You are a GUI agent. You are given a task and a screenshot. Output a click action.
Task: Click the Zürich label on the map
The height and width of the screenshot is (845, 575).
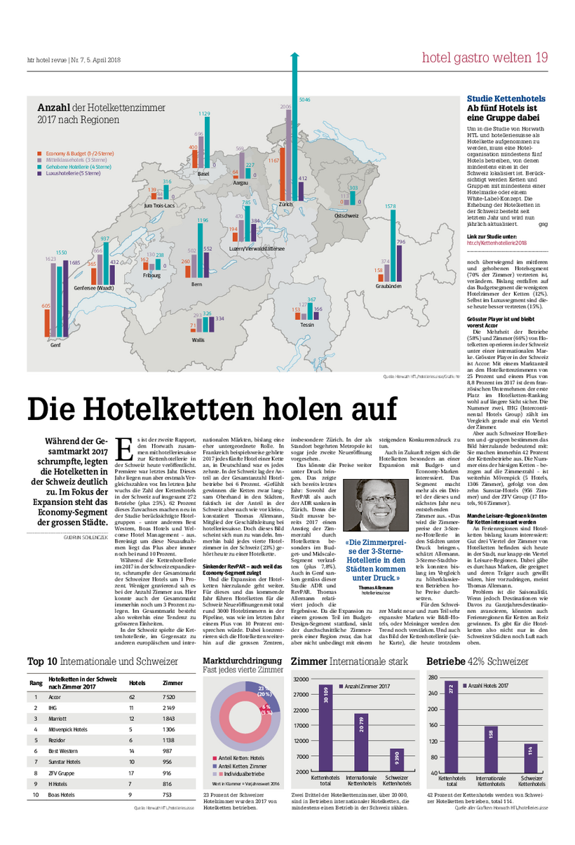[285, 204]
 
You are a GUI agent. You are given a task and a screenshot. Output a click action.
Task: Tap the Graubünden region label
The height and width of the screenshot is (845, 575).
[388, 286]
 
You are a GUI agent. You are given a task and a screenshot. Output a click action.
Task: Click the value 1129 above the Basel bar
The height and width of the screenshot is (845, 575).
[204, 114]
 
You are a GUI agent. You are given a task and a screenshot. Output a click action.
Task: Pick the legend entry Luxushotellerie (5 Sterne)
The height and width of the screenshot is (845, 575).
[74, 173]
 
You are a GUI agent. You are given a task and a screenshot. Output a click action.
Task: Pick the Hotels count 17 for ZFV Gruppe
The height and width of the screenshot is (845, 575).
[131, 772]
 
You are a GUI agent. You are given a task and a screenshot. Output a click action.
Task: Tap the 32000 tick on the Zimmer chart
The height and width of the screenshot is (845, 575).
[301, 679]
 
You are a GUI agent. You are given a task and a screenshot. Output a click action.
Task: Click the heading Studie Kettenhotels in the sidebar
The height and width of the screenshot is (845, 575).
[506, 99]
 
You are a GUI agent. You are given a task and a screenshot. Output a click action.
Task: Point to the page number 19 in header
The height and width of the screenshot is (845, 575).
[541, 58]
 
